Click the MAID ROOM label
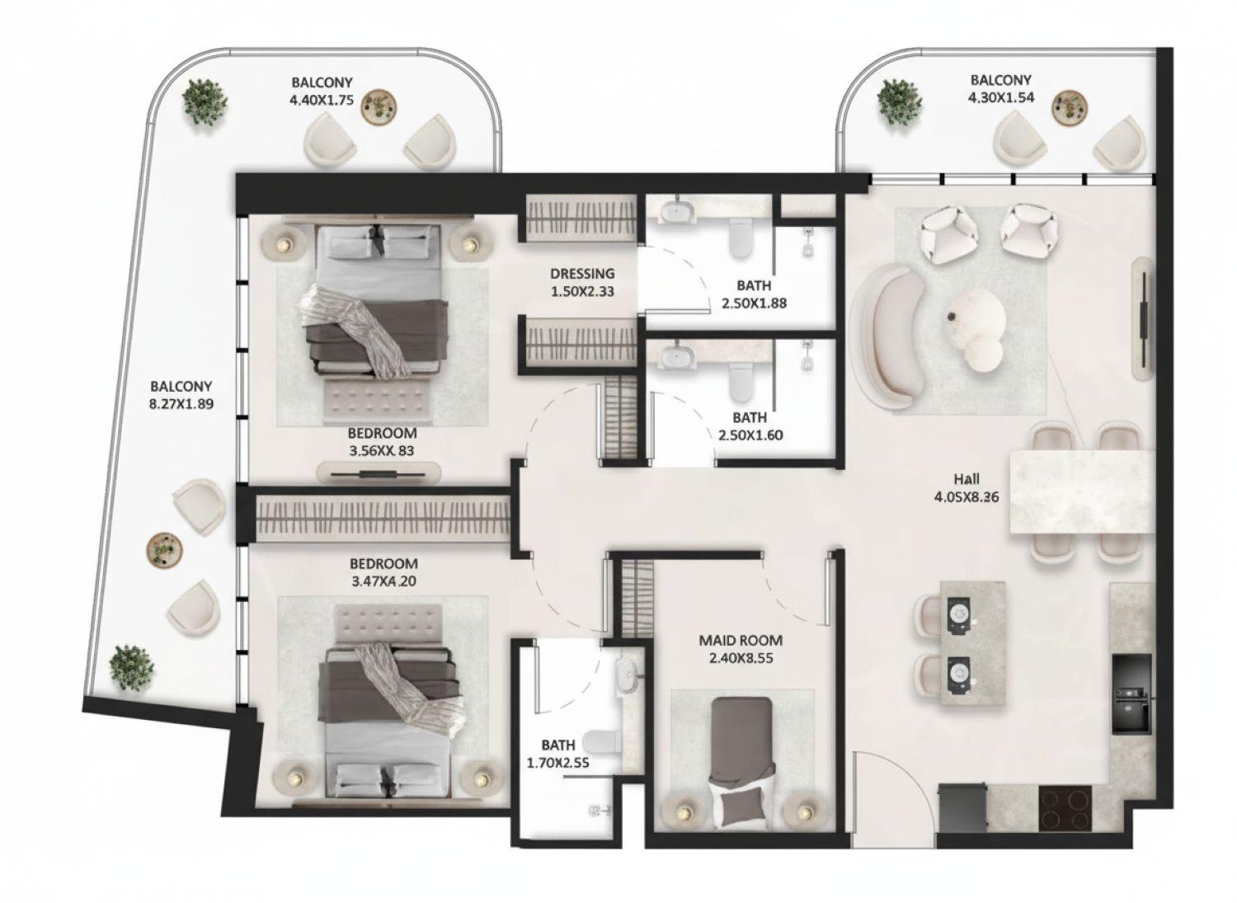click(741, 640)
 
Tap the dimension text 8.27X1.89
click(181, 404)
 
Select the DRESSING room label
click(582, 274)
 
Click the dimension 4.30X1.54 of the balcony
click(1000, 96)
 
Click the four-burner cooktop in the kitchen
click(1065, 808)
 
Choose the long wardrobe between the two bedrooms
click(383, 518)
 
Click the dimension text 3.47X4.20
click(383, 581)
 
